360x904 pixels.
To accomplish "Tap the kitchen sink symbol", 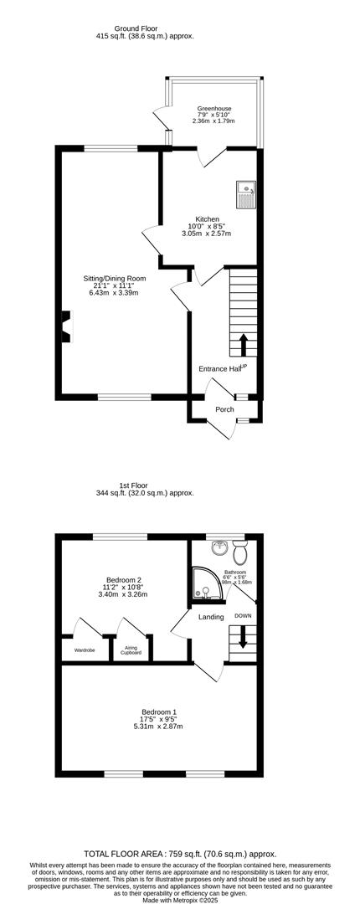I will pos(246,193).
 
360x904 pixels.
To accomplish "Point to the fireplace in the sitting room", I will pos(64,327).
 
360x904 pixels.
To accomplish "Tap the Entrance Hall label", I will pos(220,368).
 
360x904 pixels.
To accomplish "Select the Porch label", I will pos(224,409).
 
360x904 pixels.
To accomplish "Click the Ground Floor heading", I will pos(136,28).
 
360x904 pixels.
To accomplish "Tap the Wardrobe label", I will pos(85,650).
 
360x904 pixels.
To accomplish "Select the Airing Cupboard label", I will pos(131,650).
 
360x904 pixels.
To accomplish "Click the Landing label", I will pos(211,618).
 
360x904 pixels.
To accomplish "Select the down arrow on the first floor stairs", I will pos(243,639).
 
